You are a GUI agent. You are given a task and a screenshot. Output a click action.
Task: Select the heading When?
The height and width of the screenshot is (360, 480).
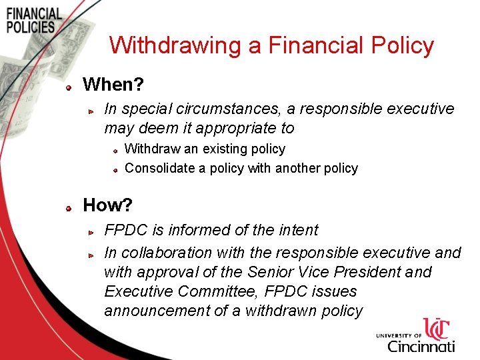[113, 85]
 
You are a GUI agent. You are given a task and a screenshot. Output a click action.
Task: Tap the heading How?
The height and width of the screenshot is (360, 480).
[107, 205]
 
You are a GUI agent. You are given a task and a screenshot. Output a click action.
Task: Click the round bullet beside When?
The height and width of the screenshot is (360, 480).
[69, 87]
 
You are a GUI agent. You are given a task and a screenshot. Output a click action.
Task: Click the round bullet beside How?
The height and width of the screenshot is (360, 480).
[69, 207]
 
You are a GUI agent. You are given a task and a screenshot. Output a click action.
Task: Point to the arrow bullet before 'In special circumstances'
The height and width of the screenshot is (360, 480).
[94, 111]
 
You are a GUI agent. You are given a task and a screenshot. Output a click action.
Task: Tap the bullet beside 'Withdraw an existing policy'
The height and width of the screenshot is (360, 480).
[115, 151]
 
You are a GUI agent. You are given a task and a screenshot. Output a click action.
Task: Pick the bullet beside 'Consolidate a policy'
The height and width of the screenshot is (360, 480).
[115, 170]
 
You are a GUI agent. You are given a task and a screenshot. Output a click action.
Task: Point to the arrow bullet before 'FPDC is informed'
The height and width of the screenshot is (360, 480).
[94, 232]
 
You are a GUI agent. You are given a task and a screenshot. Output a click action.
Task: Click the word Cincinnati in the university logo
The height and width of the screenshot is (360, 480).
[421, 346]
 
